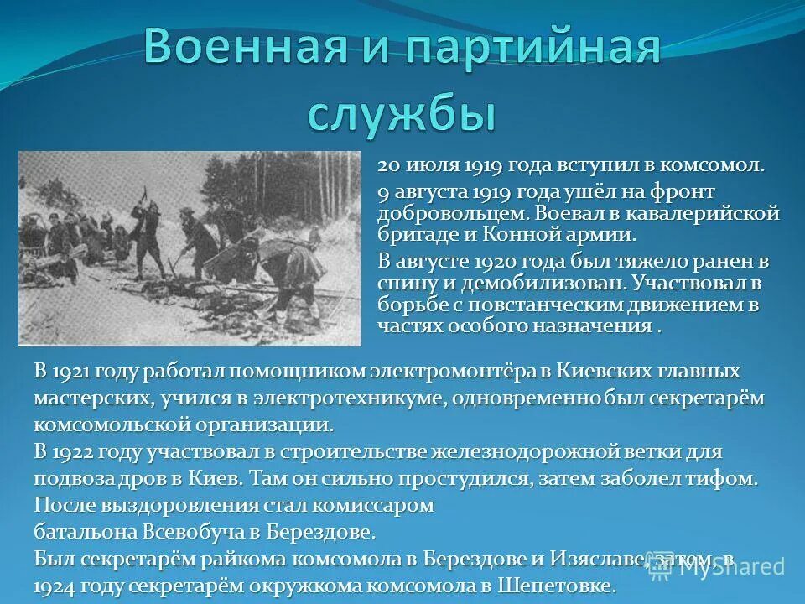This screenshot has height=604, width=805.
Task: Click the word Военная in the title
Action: coord(244,48)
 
